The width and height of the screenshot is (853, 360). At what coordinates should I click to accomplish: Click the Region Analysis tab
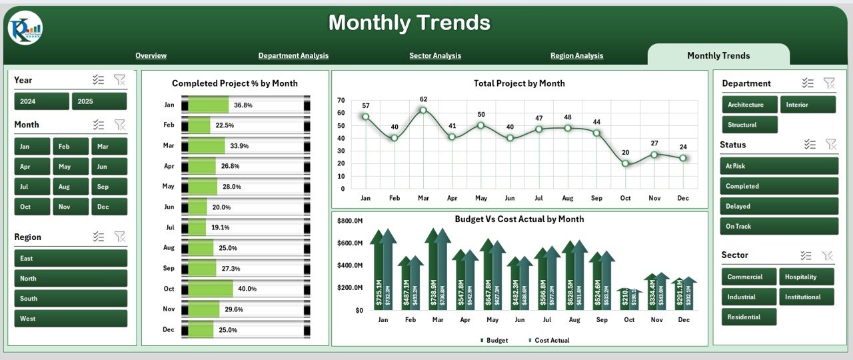pyautogui.click(x=576, y=56)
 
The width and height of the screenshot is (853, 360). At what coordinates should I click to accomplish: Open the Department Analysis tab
pyautogui.click(x=293, y=56)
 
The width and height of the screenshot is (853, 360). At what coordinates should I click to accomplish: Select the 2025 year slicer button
pyautogui.click(x=99, y=101)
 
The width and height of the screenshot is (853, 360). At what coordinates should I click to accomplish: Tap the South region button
pyautogui.click(x=71, y=299)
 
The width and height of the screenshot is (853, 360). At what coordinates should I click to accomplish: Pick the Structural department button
pyautogui.click(x=750, y=125)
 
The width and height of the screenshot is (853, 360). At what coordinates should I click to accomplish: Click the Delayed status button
pyautogui.click(x=778, y=207)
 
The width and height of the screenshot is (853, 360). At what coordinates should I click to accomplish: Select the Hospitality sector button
pyautogui.click(x=807, y=277)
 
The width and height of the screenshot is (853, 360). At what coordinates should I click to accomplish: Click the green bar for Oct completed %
pyautogui.click(x=211, y=289)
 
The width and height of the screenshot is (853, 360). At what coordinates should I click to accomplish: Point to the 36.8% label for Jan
pyautogui.click(x=243, y=105)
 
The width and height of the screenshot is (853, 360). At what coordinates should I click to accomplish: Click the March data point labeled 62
pyautogui.click(x=423, y=111)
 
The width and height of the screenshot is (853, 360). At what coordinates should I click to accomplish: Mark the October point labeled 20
pyautogui.click(x=625, y=163)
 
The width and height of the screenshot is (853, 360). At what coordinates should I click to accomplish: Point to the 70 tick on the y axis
pyautogui.click(x=341, y=101)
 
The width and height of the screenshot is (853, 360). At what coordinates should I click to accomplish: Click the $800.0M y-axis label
pyautogui.click(x=350, y=221)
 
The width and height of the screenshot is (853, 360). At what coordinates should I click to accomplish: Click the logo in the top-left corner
pyautogui.click(x=25, y=29)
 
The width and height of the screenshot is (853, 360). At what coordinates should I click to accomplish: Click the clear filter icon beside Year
pyautogui.click(x=119, y=80)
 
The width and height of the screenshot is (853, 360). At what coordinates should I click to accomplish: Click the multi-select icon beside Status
pyautogui.click(x=810, y=144)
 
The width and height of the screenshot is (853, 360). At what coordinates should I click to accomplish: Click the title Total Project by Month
pyautogui.click(x=519, y=83)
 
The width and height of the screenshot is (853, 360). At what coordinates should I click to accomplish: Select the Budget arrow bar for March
pyautogui.click(x=433, y=270)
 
